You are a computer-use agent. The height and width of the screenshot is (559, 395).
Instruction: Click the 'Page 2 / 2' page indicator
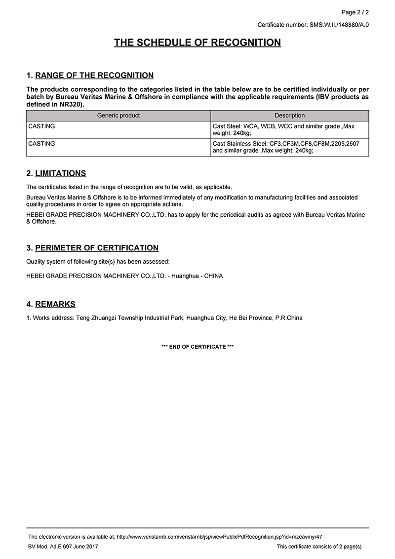coord(355,12)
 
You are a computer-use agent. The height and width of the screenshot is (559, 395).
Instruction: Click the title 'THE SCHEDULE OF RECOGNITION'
coord(197,43)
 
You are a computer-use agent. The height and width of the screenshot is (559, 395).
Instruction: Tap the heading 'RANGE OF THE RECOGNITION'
coord(94,76)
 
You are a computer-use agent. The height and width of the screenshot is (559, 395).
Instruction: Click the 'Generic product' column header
coord(118,116)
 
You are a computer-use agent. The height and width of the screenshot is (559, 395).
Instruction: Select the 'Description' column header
coord(290,116)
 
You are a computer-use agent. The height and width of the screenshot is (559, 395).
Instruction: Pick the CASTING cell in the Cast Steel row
coord(42,126)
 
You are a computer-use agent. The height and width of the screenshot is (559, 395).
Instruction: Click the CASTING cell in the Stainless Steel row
coord(42,144)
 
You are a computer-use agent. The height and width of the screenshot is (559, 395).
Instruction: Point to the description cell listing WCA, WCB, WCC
coord(289,130)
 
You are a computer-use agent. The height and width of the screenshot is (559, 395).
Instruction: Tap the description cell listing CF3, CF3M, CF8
coord(289,147)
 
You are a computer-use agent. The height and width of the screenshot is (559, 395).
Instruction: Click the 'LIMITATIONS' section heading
coord(60,173)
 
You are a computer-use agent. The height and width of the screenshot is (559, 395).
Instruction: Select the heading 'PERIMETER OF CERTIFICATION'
coord(97,248)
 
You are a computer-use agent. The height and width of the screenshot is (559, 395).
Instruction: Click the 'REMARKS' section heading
coord(55,304)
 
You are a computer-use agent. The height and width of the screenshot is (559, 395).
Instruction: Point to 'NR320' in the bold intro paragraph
coord(72,105)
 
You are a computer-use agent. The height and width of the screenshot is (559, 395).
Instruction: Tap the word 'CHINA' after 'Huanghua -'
coord(213,276)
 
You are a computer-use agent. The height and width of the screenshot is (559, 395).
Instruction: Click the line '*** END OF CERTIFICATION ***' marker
coord(197,347)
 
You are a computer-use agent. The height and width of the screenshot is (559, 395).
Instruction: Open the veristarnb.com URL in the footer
coord(220,536)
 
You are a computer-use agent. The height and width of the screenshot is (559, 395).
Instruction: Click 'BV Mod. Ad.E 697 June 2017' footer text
coord(63,547)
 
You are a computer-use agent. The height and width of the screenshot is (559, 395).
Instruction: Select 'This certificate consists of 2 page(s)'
coord(319,547)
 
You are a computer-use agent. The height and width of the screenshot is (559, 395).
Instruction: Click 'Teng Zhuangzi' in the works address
coord(95,318)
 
